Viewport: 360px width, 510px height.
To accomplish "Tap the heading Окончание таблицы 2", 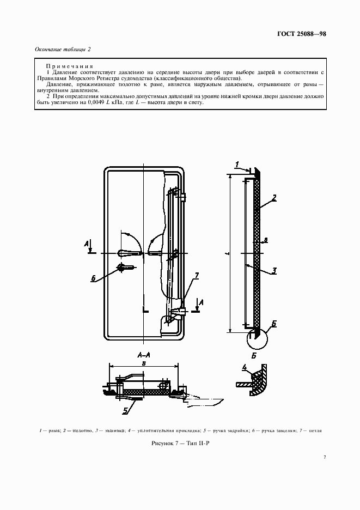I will tap(63, 49).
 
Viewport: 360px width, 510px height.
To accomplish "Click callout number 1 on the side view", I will tap(237, 163).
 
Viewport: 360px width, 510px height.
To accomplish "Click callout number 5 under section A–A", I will tap(125, 411).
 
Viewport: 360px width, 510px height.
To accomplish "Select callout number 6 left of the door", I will tap(94, 278).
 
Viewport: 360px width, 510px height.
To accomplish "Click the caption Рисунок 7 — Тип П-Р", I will tap(180, 446).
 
